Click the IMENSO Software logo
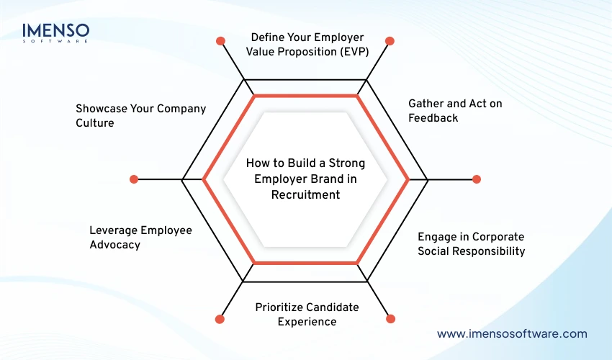pyautogui.click(x=55, y=32)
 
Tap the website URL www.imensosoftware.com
pyautogui.click(x=512, y=334)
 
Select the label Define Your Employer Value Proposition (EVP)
pyautogui.click(x=307, y=43)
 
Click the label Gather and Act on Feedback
pyautogui.click(x=445, y=110)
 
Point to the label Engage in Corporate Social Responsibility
pyautogui.click(x=472, y=243)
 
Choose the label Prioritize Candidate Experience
pyautogui.click(x=307, y=314)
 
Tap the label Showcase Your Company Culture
pyautogui.click(x=140, y=115)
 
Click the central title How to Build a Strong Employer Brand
pyautogui.click(x=306, y=179)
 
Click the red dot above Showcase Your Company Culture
pyautogui.click(x=221, y=41)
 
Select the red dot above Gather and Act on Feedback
pyautogui.click(x=390, y=41)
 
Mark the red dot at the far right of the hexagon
pyautogui.click(x=476, y=179)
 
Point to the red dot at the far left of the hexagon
pyautogui.click(x=133, y=179)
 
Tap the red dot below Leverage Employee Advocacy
pyautogui.click(x=220, y=318)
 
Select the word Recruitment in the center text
pyautogui.click(x=306, y=194)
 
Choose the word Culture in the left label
pyautogui.click(x=95, y=123)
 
